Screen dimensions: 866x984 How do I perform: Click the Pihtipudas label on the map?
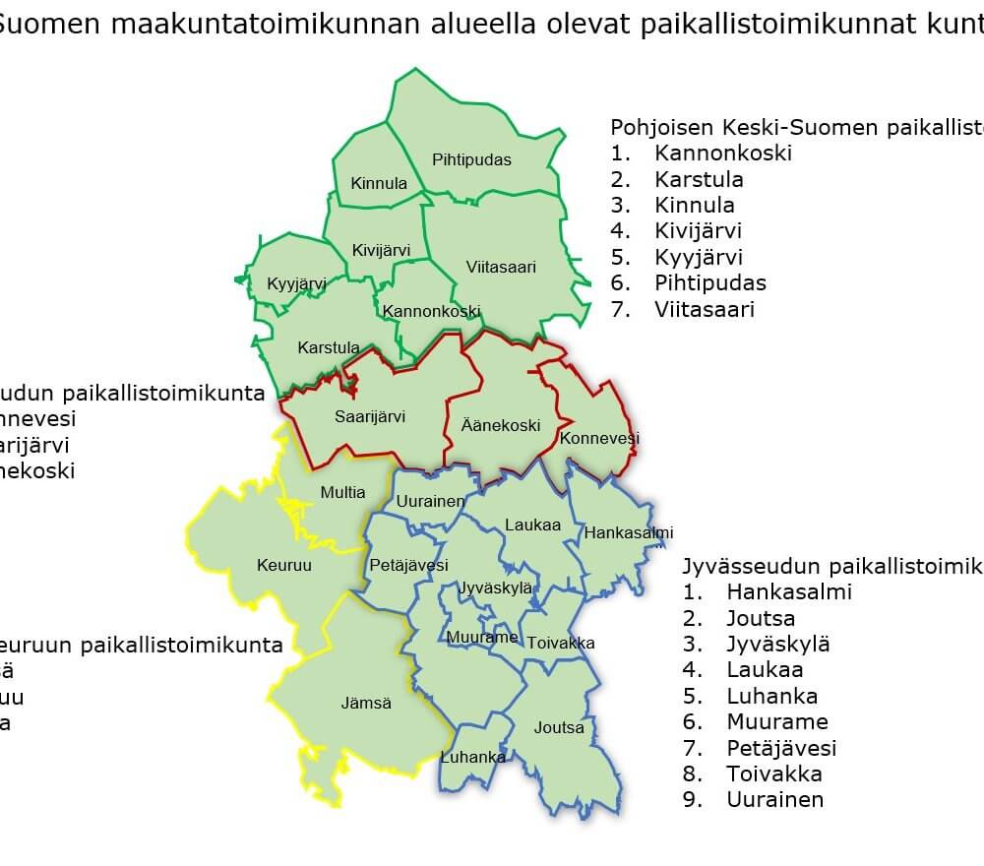(472, 159)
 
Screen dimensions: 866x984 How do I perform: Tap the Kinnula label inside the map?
(379, 184)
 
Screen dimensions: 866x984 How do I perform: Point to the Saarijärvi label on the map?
(370, 417)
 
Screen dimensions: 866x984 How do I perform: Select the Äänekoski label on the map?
(501, 426)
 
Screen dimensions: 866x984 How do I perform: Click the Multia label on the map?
(342, 492)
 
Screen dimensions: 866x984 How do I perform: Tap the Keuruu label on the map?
(284, 565)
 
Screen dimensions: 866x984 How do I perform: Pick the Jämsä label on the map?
(366, 704)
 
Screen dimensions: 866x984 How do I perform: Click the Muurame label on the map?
(482, 638)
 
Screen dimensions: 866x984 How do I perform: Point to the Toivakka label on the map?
(561, 643)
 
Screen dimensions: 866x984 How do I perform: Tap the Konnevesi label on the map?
(599, 438)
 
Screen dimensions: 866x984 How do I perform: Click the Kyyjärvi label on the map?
(296, 284)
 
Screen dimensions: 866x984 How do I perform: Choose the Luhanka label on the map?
(473, 757)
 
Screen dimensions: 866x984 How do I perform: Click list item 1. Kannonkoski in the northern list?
(722, 154)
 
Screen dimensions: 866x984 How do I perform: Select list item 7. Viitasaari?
(704, 310)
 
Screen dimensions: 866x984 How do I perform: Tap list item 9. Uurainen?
(774, 800)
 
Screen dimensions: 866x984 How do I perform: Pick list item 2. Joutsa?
(761, 619)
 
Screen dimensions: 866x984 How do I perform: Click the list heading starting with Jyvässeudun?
(831, 567)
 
